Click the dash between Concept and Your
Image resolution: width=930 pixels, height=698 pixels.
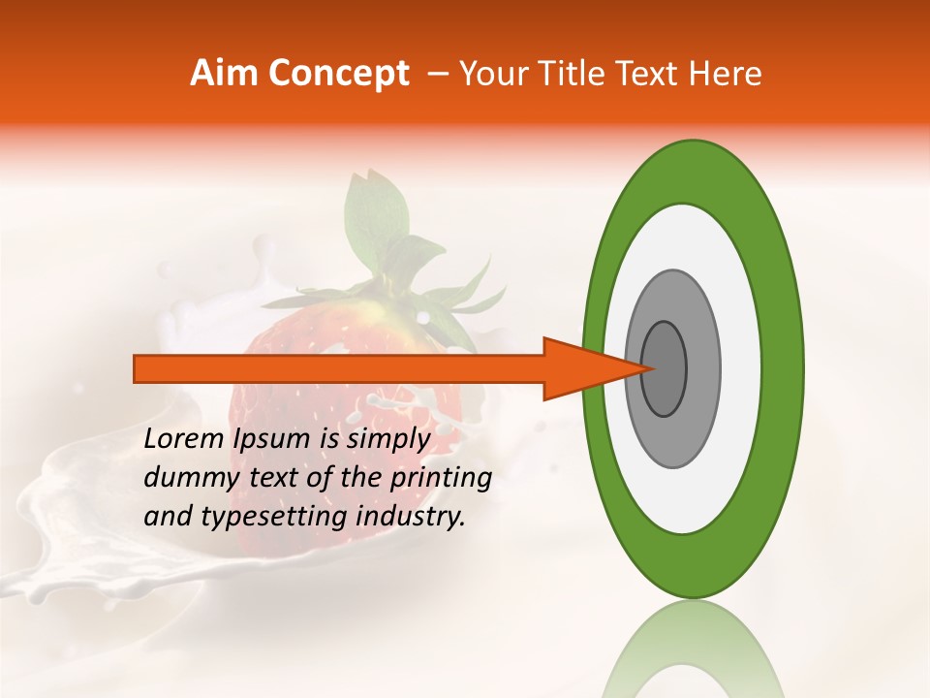coord(437,74)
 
